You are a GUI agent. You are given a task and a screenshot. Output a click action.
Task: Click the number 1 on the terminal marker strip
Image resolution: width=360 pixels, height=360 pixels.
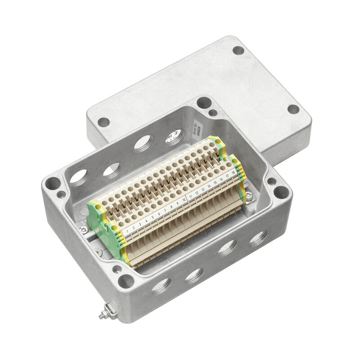[x=130, y=229]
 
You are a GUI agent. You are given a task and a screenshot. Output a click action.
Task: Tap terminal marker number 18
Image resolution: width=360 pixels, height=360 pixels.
[x=234, y=172]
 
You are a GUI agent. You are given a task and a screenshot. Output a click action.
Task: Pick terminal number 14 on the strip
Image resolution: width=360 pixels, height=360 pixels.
[x=209, y=185]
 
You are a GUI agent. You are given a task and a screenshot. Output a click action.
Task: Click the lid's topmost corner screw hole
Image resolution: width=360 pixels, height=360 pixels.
[x=238, y=50]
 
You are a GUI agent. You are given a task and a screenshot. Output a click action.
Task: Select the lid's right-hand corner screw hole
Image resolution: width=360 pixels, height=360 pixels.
[x=293, y=109]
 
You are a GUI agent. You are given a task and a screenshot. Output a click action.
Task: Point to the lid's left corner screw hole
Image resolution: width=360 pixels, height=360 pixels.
[x=103, y=121]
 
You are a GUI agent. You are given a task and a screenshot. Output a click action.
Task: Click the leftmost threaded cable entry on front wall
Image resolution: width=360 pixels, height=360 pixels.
[x=161, y=286]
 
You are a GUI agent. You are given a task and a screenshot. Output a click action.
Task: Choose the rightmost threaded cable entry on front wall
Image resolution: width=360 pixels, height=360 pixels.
[x=259, y=238]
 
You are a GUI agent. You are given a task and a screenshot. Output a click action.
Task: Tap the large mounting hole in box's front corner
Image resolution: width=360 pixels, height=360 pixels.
[x=126, y=282]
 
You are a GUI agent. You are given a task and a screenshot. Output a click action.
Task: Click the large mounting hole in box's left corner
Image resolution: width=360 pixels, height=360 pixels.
[x=53, y=183]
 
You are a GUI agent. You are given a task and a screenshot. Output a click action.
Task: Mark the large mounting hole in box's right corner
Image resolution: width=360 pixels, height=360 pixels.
[x=281, y=192]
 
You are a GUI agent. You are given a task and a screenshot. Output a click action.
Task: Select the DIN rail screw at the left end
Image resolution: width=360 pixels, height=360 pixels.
[x=84, y=229]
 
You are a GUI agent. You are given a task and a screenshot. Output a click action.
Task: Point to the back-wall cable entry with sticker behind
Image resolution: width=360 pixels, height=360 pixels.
[x=173, y=136]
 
